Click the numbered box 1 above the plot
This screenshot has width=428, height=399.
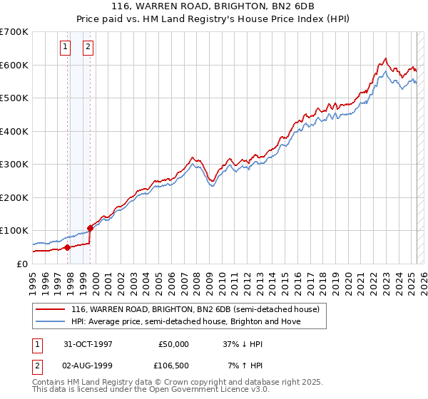tap(65, 48)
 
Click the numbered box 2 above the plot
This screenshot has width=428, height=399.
tap(88, 48)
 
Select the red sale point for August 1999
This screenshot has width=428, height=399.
tap(91, 228)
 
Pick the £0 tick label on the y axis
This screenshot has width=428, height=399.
tap(21, 264)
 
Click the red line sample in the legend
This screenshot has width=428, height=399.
tap(51, 309)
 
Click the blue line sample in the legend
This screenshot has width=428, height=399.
tap(51, 321)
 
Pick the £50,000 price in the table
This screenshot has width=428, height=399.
tap(173, 343)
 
